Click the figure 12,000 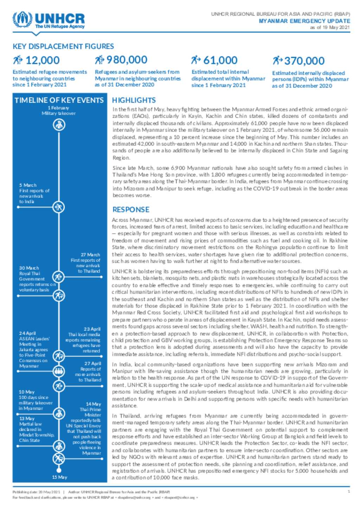[43, 60]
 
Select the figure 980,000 [127, 60]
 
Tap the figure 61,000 [220, 60]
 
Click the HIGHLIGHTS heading [134, 100]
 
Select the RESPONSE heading [131, 209]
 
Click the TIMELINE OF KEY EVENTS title [59, 100]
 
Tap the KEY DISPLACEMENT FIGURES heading [63, 46]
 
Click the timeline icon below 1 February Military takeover [59, 124]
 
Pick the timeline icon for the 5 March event [58, 207]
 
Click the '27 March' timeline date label [90, 255]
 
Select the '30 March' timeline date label [29, 268]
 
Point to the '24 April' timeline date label [27, 333]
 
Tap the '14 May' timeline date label [93, 404]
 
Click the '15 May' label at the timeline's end [59, 477]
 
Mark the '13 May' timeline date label [27, 418]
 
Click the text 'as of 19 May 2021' [330, 27]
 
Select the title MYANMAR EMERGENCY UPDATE [304, 21]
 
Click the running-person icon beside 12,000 [18, 60]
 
